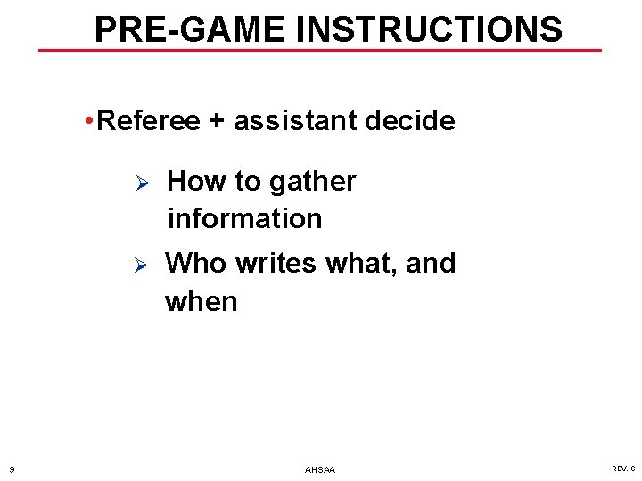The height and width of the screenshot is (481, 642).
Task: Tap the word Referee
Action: (x=148, y=121)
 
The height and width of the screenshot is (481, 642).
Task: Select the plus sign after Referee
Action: (x=217, y=121)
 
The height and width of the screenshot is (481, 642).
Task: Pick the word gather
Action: (x=312, y=182)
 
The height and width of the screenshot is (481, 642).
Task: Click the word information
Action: (x=244, y=218)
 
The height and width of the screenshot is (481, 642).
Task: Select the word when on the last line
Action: (x=202, y=302)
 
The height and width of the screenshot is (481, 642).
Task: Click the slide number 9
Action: (x=12, y=469)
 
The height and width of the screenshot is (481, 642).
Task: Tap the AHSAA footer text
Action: (x=320, y=469)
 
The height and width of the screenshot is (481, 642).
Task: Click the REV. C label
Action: (x=623, y=469)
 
